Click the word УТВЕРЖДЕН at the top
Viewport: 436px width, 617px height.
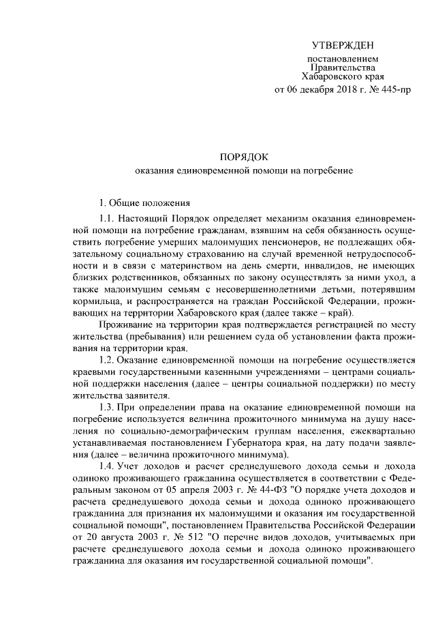coord(342,46)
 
